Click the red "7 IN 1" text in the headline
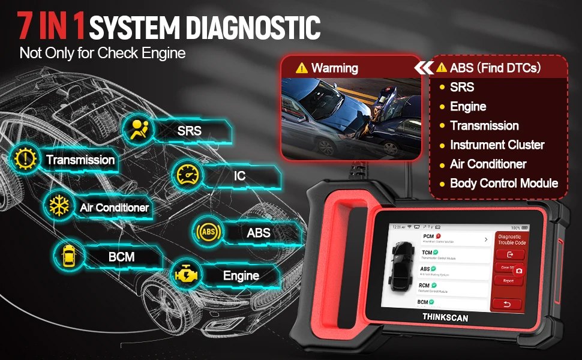click(52, 26)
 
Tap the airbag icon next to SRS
click(139, 130)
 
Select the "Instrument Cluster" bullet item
click(497, 145)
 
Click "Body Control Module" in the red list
click(504, 183)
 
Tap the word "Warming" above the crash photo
click(334, 68)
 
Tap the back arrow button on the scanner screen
click(507, 304)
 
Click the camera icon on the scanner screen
click(519, 271)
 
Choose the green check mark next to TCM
click(436, 252)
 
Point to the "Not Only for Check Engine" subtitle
click(103, 53)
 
